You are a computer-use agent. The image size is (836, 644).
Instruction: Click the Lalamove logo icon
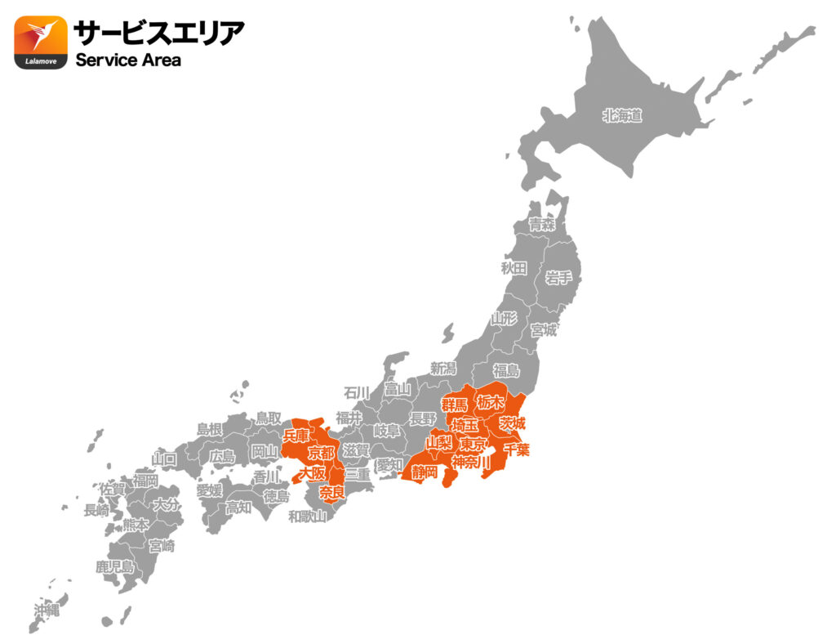click(x=41, y=42)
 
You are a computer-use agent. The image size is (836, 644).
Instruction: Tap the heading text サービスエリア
click(x=158, y=33)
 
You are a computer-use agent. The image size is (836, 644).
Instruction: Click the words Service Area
click(x=128, y=60)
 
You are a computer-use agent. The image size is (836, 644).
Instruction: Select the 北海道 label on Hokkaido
click(x=622, y=116)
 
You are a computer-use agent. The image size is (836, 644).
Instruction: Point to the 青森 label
click(x=540, y=224)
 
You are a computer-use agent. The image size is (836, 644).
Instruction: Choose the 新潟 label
click(x=443, y=369)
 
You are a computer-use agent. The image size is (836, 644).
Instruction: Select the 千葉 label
click(x=517, y=449)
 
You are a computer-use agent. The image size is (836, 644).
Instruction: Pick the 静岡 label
click(x=424, y=472)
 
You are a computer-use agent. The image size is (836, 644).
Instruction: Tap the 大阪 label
click(x=311, y=473)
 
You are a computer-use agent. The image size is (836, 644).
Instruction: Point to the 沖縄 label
click(x=47, y=610)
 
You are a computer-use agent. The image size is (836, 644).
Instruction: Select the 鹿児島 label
click(x=114, y=566)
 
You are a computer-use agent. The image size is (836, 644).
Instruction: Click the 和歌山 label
click(x=308, y=516)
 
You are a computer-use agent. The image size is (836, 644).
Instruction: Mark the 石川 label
click(x=357, y=392)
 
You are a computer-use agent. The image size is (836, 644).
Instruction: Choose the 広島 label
click(x=221, y=456)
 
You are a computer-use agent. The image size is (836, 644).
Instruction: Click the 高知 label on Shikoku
click(x=238, y=508)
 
